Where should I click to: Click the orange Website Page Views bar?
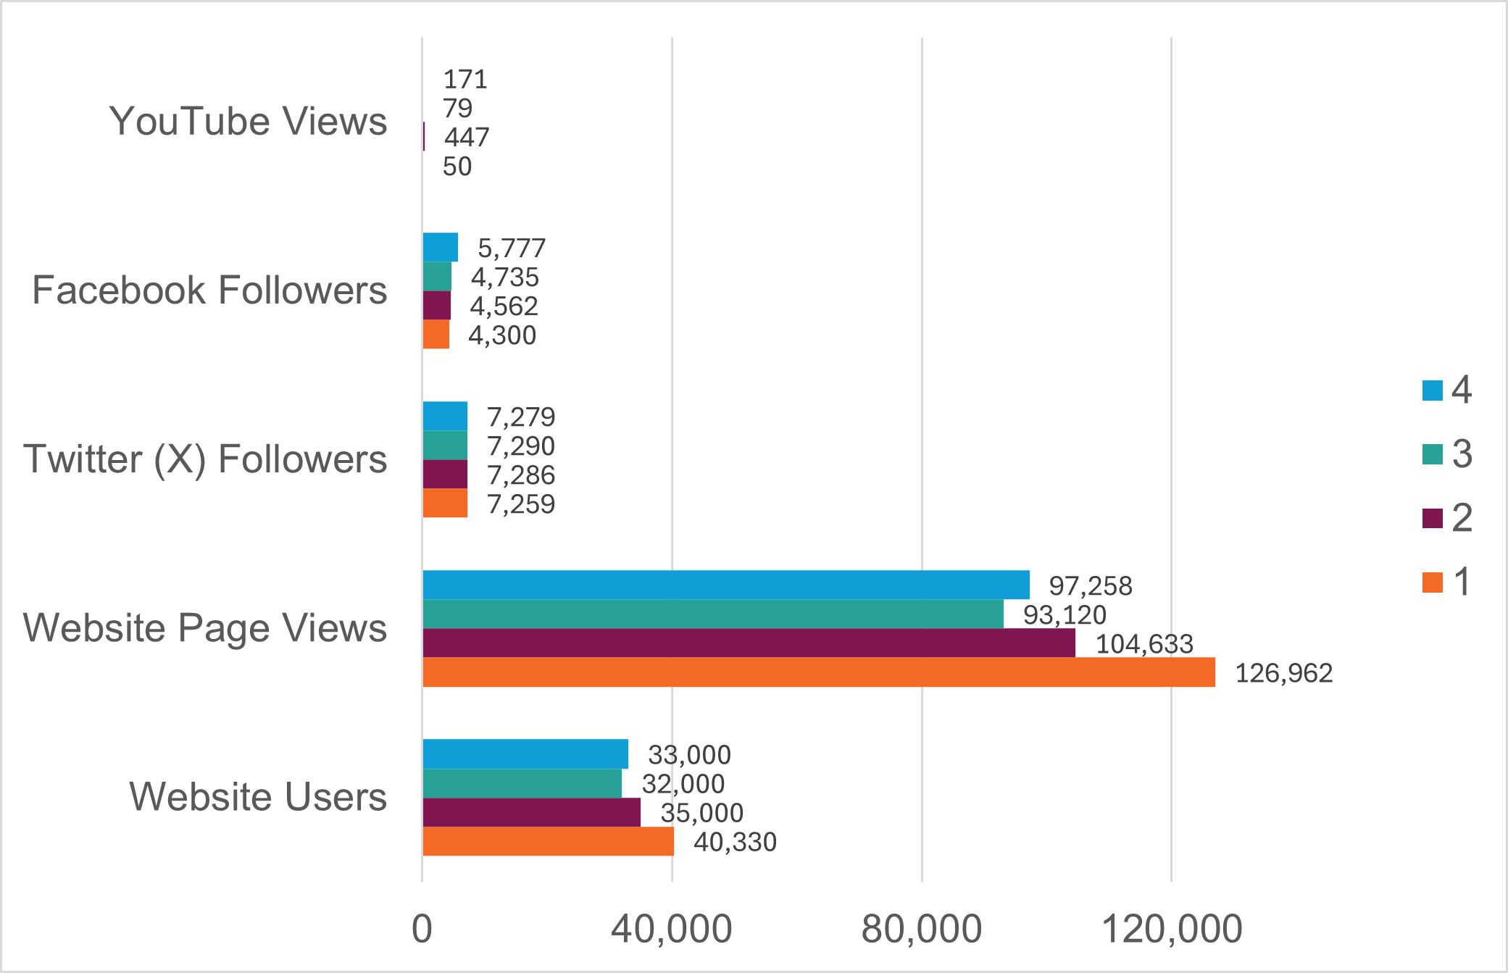(818, 672)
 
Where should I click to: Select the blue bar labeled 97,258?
(725, 585)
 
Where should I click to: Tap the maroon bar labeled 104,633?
(749, 643)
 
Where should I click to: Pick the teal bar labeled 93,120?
(712, 614)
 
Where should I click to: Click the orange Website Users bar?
(548, 841)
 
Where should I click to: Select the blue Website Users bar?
(525, 754)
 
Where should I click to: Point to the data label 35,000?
(701, 813)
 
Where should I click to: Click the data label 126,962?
(1283, 673)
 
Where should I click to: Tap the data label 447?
(467, 137)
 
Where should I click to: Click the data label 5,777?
(511, 249)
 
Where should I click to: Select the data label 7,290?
(520, 446)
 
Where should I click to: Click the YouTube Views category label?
(248, 121)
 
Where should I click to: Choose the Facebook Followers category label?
(209, 291)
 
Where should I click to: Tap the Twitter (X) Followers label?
(205, 459)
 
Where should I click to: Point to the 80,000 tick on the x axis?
(921, 929)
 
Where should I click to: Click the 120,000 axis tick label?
(1171, 929)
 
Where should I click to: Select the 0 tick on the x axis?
(422, 929)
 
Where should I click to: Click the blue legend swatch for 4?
(1432, 391)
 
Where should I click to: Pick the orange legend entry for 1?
(1446, 582)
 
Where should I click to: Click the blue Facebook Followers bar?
(440, 247)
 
